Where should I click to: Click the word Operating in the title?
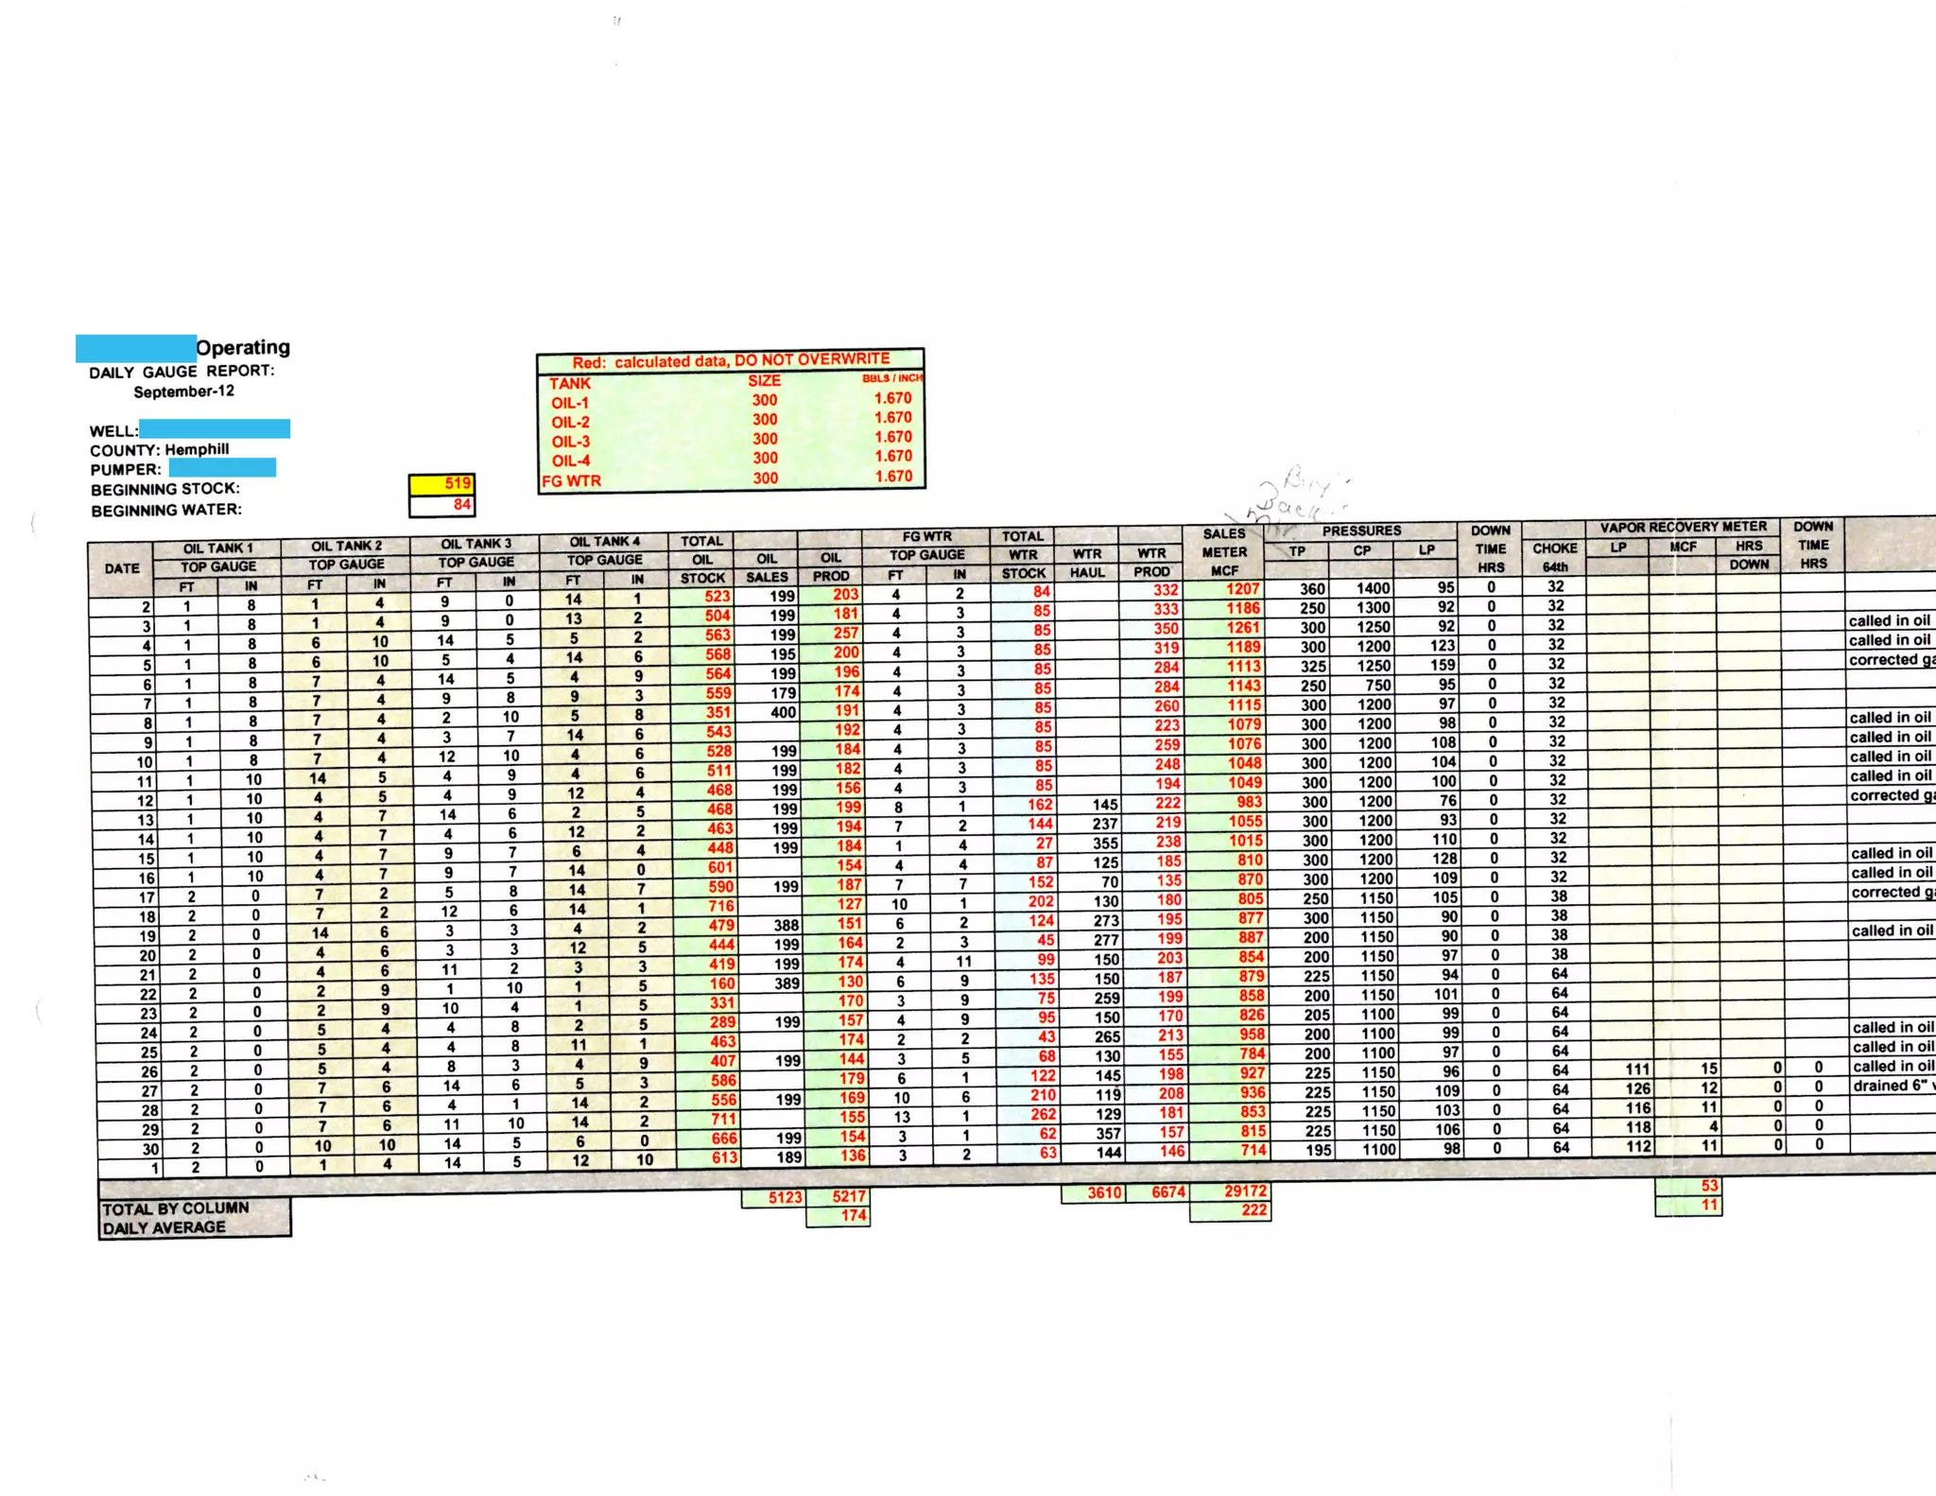[x=243, y=347]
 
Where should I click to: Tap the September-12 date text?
[x=183, y=391]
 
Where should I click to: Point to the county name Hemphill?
[x=197, y=449]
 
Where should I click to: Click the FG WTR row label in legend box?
[x=571, y=481]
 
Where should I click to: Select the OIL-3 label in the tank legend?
[x=571, y=442]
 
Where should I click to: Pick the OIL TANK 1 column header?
[x=218, y=548]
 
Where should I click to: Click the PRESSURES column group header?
[x=1361, y=531]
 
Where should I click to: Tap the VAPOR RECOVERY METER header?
[x=1683, y=527]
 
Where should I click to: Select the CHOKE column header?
[x=1555, y=548]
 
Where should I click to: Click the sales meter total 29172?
[x=1246, y=1192]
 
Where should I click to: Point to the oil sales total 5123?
[x=785, y=1197]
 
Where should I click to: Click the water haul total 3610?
[x=1104, y=1192]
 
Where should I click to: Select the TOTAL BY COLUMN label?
[x=176, y=1209]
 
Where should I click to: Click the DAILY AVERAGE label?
[x=164, y=1227]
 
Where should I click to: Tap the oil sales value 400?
[x=783, y=712]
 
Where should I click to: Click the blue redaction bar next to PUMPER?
[x=222, y=468]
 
